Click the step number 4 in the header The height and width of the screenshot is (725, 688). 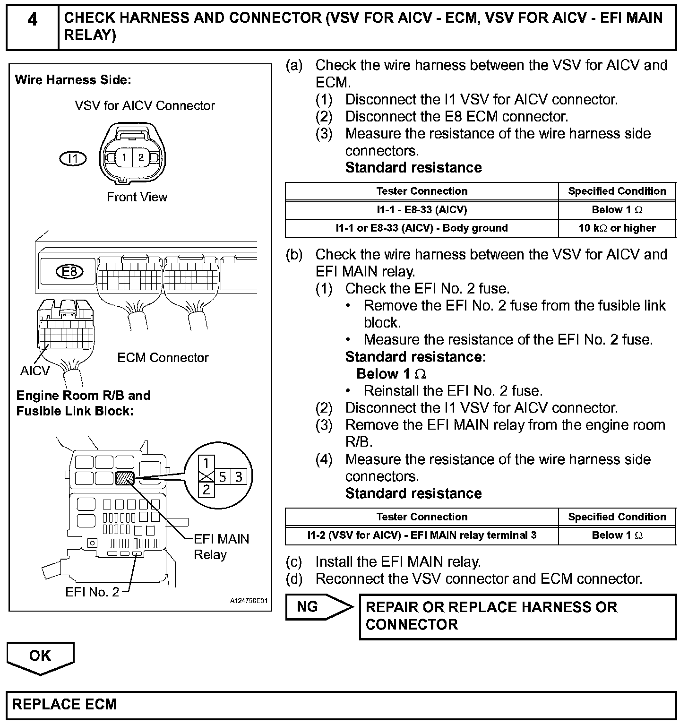(x=32, y=20)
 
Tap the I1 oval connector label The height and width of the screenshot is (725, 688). (x=73, y=159)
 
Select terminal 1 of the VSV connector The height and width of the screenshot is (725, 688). (x=124, y=157)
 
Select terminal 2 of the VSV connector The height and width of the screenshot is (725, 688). (x=140, y=157)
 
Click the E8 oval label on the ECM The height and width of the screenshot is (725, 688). (x=69, y=271)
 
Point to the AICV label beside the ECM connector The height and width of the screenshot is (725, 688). (x=34, y=371)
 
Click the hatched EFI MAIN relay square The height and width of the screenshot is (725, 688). (x=125, y=478)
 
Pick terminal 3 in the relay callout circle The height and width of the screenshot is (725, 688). (x=239, y=477)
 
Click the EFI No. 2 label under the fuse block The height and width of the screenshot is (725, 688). (x=92, y=592)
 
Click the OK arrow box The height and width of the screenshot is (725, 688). (x=40, y=656)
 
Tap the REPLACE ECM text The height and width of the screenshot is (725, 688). (x=64, y=704)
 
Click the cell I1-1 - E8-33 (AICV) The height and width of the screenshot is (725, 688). (x=421, y=210)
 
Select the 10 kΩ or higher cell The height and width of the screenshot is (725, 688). (x=617, y=228)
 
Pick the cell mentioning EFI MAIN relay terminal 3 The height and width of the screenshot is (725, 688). (x=421, y=535)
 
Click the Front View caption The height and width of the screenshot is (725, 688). (x=137, y=197)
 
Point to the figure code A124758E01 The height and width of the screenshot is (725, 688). (x=249, y=601)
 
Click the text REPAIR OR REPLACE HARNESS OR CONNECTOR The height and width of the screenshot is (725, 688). (x=491, y=616)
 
